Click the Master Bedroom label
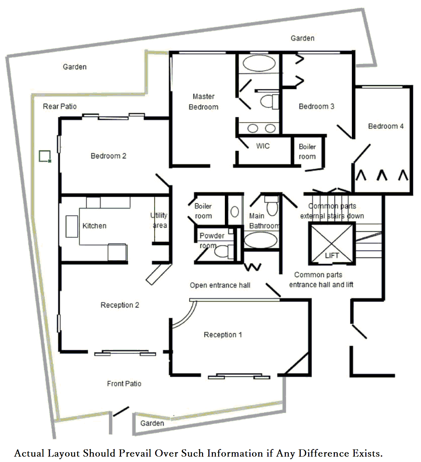[x=203, y=102]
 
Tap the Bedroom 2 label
[x=108, y=156]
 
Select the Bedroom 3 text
[x=316, y=106]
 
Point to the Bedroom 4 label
[x=386, y=126]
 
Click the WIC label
[x=263, y=146]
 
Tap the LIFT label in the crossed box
[x=332, y=255]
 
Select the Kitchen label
[x=94, y=226]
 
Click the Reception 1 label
[x=223, y=335]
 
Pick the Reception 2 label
[x=120, y=305]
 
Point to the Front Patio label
[x=124, y=383]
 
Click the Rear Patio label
[x=60, y=106]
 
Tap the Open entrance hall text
[x=220, y=285]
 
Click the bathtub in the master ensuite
[x=259, y=63]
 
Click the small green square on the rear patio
[x=45, y=156]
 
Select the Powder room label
[x=212, y=241]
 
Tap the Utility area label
[x=159, y=220]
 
